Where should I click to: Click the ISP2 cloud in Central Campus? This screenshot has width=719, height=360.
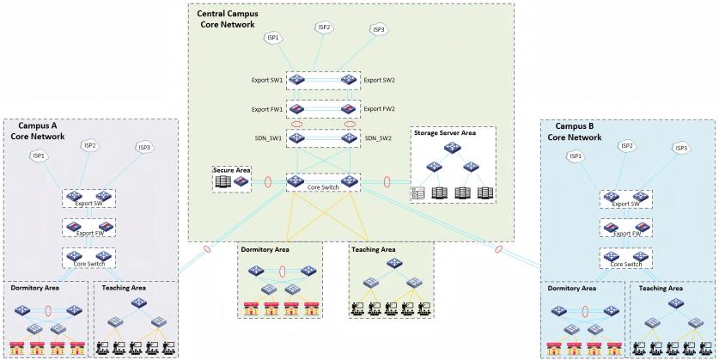pyautogui.click(x=324, y=27)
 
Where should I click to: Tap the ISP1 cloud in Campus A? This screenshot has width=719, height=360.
pyautogui.click(x=38, y=156)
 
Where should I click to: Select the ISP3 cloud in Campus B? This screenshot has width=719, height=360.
pyautogui.click(x=681, y=148)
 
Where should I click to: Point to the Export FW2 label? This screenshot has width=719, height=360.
pyautogui.click(x=379, y=109)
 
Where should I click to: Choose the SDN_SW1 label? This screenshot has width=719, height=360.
pyautogui.click(x=268, y=138)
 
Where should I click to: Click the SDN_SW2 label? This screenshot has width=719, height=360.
pyautogui.click(x=378, y=138)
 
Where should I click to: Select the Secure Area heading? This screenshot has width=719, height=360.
pyautogui.click(x=232, y=171)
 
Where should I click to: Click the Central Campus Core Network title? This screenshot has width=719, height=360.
pyautogui.click(x=227, y=19)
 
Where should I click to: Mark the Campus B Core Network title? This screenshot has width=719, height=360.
pyautogui.click(x=575, y=131)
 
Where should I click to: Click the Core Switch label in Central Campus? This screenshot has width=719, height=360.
pyautogui.click(x=322, y=187)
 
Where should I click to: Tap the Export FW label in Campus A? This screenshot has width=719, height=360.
pyautogui.click(x=88, y=233)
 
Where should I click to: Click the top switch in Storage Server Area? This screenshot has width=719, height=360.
pyautogui.click(x=452, y=148)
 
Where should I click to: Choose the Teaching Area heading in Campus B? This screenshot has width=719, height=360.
pyautogui.click(x=661, y=289)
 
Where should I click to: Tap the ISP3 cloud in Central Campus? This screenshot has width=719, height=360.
pyautogui.click(x=378, y=30)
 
